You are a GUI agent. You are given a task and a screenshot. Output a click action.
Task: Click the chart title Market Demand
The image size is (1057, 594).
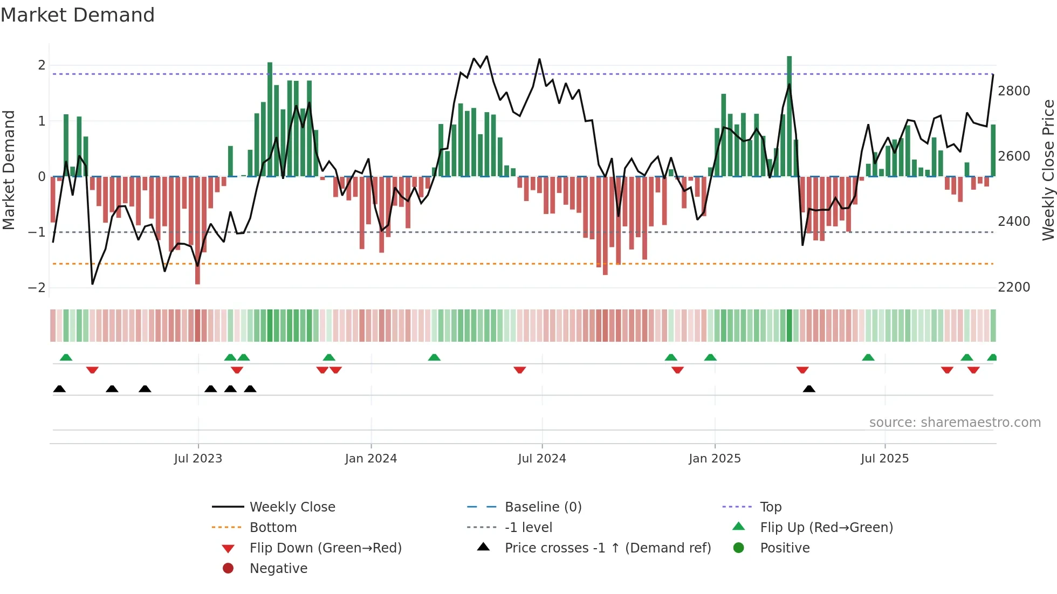pyautogui.click(x=78, y=15)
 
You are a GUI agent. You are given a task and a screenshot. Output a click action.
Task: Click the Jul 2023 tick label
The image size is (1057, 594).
pyautogui.click(x=198, y=459)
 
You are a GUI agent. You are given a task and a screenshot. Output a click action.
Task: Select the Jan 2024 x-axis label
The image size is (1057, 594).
pyautogui.click(x=371, y=459)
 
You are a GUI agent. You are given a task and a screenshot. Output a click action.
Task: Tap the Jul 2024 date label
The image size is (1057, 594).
pyautogui.click(x=542, y=459)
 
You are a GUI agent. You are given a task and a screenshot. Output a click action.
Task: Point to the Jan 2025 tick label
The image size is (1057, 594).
pyautogui.click(x=715, y=459)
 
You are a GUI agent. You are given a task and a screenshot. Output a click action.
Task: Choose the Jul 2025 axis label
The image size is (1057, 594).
pyautogui.click(x=884, y=459)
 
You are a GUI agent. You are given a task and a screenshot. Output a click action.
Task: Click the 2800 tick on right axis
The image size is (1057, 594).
pyautogui.click(x=1014, y=91)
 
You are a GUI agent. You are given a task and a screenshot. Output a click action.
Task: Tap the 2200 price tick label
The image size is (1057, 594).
pyautogui.click(x=1014, y=287)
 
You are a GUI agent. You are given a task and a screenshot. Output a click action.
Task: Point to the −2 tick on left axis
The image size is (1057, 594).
pyautogui.click(x=37, y=287)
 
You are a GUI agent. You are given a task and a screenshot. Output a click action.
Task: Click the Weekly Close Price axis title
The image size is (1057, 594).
pyautogui.click(x=1048, y=170)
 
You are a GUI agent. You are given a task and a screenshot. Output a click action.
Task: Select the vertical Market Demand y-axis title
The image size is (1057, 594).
pyautogui.click(x=9, y=170)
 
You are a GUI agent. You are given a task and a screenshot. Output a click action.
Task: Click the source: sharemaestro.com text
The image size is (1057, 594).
pyautogui.click(x=955, y=423)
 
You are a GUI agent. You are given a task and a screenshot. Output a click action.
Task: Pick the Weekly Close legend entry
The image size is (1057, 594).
pyautogui.click(x=292, y=507)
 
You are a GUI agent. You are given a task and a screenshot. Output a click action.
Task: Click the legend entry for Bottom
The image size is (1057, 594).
pyautogui.click(x=273, y=528)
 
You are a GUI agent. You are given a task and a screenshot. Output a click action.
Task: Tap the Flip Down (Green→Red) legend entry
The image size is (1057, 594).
pyautogui.click(x=325, y=548)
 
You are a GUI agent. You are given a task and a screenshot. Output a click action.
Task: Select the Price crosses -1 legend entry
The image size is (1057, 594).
pyautogui.click(x=607, y=548)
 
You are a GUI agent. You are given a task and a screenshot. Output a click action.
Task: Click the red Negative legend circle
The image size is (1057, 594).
pyautogui.click(x=228, y=569)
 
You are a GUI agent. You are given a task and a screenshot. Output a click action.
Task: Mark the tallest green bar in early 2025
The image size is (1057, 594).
pyautogui.click(x=789, y=116)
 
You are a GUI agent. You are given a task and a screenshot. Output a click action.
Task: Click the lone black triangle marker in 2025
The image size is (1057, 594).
pyautogui.click(x=809, y=389)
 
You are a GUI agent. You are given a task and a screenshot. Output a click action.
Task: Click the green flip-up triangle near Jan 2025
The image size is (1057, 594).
pyautogui.click(x=710, y=357)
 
